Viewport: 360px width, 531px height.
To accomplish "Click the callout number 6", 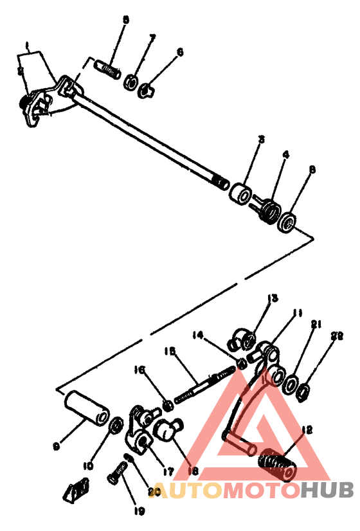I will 180,51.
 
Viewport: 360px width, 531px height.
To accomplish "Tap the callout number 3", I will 262,138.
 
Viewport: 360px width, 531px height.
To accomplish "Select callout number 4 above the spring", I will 285,155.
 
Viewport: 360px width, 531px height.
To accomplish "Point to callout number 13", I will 273,298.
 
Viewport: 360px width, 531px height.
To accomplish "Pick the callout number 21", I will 315,325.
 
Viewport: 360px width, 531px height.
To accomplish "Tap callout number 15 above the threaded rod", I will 170,351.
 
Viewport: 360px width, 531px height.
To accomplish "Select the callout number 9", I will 57,446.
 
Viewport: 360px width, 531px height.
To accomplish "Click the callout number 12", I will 305,430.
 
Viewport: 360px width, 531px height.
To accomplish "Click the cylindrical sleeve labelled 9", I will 87,407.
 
